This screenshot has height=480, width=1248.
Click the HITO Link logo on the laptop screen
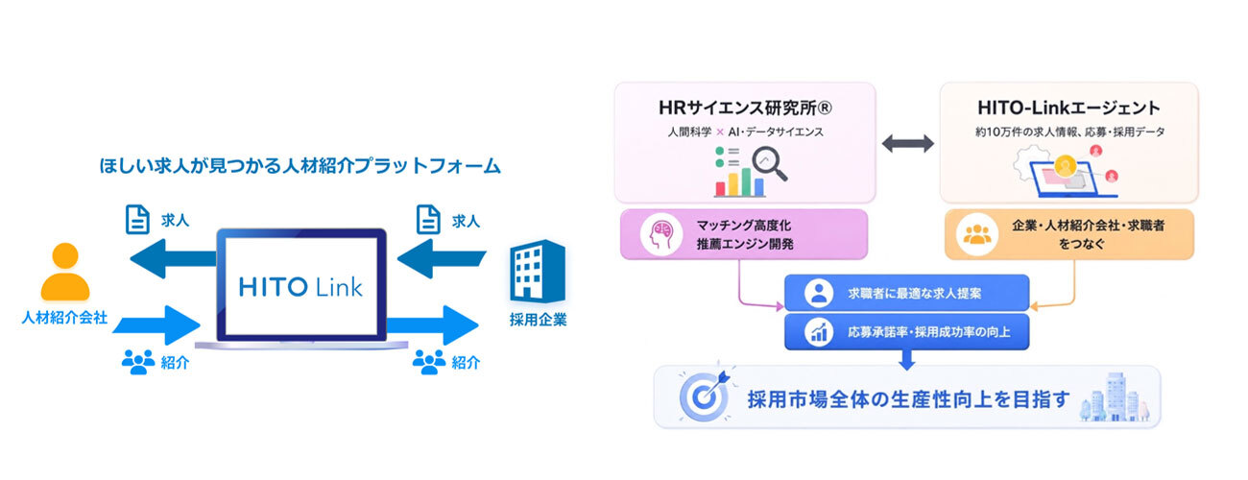click(300, 287)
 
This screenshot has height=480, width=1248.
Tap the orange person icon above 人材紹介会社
click(65, 272)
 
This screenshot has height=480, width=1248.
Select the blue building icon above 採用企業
click(538, 271)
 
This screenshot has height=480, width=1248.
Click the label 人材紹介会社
click(64, 318)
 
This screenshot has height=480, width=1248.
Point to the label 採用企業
click(539, 320)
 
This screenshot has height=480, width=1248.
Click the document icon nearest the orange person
click(137, 220)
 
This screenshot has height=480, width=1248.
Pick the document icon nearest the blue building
click(428, 220)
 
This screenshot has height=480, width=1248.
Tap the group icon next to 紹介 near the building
click(429, 361)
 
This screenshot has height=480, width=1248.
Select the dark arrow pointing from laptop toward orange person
click(173, 258)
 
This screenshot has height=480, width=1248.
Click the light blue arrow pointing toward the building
click(433, 325)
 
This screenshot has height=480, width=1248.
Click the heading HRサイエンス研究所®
click(746, 108)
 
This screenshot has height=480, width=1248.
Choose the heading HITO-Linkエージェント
click(1068, 108)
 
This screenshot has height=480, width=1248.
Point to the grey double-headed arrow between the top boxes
click(908, 144)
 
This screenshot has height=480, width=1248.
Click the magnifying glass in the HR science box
click(769, 163)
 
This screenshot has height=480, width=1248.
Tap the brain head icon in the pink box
click(661, 234)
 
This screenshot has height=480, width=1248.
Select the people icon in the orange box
click(977, 234)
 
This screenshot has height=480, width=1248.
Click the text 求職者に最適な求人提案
click(914, 294)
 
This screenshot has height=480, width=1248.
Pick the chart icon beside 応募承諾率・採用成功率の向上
click(819, 332)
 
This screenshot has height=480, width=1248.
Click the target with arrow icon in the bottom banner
click(705, 395)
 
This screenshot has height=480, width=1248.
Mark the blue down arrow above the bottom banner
click(907, 360)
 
